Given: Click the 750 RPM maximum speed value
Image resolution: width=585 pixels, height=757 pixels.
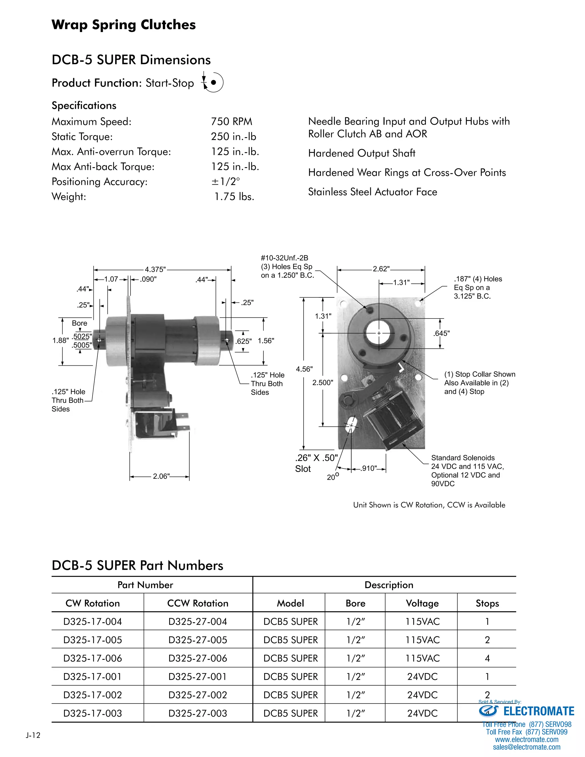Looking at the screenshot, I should click(231, 122).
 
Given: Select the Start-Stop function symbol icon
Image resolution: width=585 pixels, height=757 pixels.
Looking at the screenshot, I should click(213, 83).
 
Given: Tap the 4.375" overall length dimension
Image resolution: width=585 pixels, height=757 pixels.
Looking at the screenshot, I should click(155, 270).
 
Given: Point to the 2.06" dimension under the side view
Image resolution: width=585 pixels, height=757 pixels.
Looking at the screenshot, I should click(161, 476).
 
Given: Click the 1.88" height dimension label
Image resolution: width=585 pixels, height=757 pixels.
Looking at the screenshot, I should click(60, 341).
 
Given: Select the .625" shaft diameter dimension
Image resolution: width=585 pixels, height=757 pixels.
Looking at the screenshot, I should click(243, 341).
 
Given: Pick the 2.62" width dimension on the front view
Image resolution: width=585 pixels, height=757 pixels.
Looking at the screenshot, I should click(381, 269).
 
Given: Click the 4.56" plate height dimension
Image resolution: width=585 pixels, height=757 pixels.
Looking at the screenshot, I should click(304, 369).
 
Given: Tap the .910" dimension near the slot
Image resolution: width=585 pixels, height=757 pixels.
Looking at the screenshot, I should click(368, 468).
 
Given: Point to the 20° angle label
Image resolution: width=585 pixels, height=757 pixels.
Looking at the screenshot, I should click(332, 477).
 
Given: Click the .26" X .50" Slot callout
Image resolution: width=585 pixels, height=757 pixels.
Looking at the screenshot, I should click(316, 463).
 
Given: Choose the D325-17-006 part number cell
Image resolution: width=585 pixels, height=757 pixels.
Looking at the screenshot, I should click(93, 658).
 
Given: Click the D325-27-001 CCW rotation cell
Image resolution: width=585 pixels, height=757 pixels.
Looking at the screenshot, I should click(198, 676).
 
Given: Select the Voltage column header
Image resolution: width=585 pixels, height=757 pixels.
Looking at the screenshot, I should click(422, 603).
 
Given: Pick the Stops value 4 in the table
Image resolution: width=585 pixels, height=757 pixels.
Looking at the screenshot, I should click(487, 658).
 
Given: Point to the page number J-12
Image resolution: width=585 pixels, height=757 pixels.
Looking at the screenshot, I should click(33, 736).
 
